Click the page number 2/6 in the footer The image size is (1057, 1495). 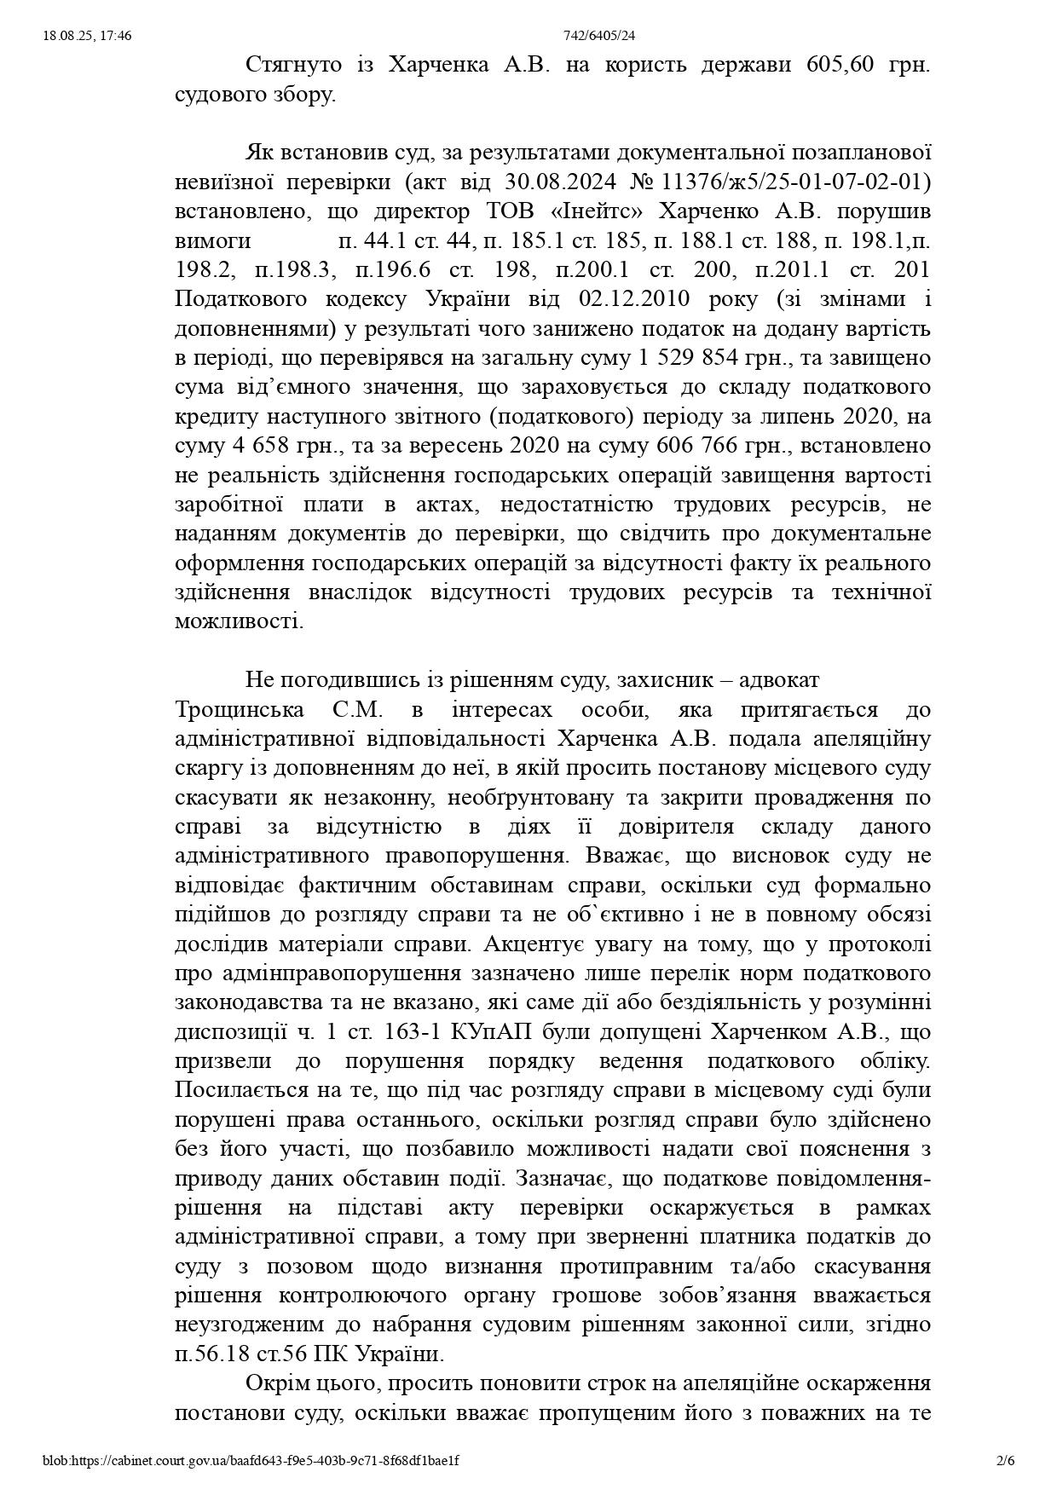1006,1460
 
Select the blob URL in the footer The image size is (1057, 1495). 251,1460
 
